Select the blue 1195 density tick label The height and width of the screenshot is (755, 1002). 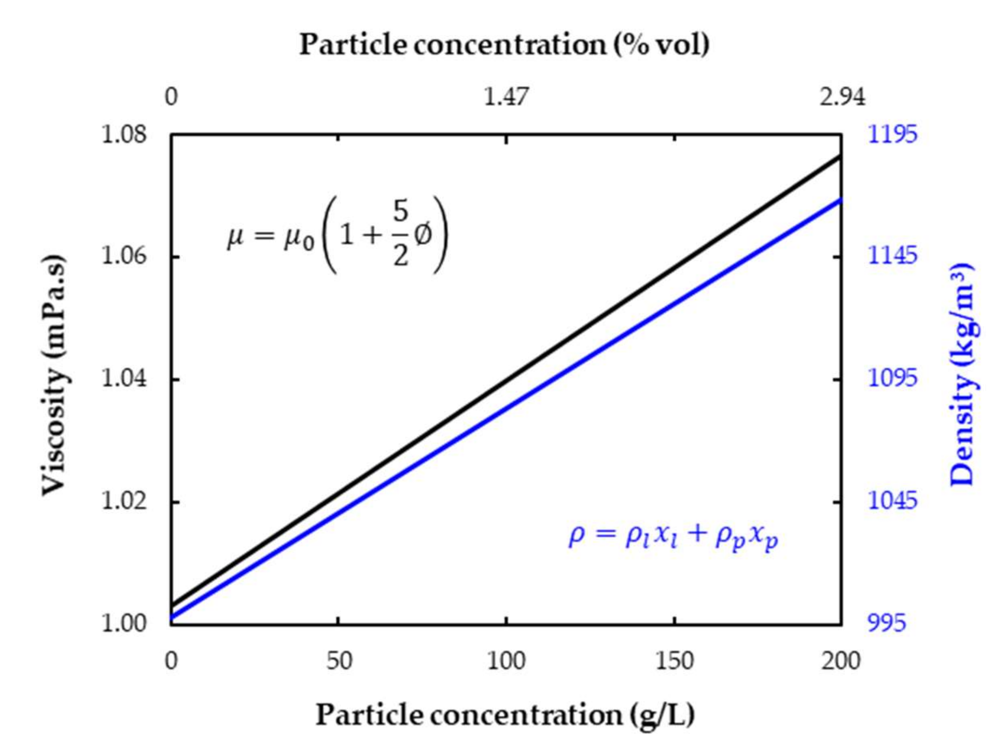[x=892, y=135]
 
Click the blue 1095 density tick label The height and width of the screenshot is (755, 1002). [x=892, y=378]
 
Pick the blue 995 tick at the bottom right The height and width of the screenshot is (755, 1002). [x=886, y=623]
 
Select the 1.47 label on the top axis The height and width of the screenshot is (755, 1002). [x=506, y=97]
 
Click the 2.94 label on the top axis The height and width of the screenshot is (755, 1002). [x=842, y=97]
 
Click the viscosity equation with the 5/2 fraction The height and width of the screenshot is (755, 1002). [x=337, y=236]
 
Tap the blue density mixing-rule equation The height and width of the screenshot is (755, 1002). [x=673, y=537]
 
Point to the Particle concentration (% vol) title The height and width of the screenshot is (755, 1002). [x=504, y=45]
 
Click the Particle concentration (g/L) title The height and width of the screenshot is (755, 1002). [x=504, y=715]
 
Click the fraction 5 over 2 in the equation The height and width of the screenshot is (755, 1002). [x=400, y=236]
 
